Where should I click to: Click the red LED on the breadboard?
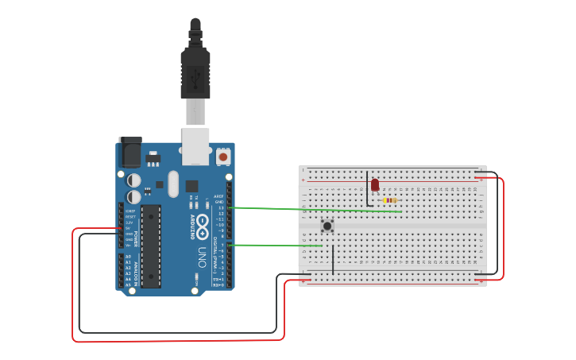pyautogui.click(x=375, y=185)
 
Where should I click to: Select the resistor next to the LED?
pyautogui.click(x=389, y=200)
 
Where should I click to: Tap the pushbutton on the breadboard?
pyautogui.click(x=327, y=226)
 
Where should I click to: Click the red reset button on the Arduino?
pyautogui.click(x=223, y=157)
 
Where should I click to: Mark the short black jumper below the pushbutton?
pyautogui.click(x=332, y=259)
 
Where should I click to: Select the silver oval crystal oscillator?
pyautogui.click(x=174, y=178)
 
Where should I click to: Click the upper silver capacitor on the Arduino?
pyautogui.click(x=134, y=180)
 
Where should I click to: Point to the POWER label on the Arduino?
pyautogui.click(x=136, y=239)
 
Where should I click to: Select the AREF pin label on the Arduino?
pyautogui.click(x=219, y=195)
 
